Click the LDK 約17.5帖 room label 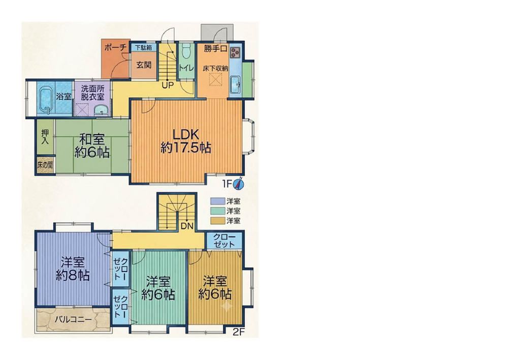click(185, 141)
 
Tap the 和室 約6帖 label click(92, 145)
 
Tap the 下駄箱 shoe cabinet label click(143, 47)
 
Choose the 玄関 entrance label click(144, 65)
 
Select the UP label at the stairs click(168, 85)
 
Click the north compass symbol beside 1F click(239, 184)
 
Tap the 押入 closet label click(45, 137)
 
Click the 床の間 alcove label click(45, 165)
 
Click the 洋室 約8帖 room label click(73, 269)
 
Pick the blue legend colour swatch click(217, 201)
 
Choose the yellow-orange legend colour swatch click(217, 221)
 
